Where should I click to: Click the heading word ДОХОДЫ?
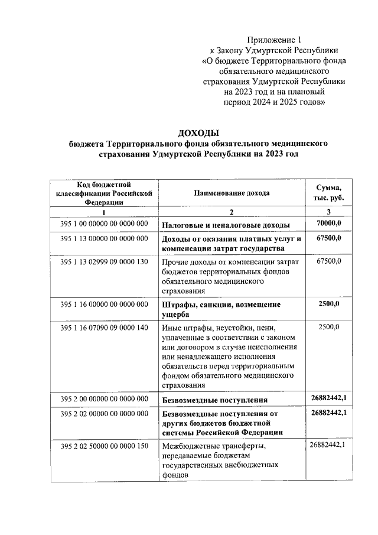pyautogui.click(x=198, y=132)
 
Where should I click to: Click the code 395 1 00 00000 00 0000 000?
pyautogui.click(x=104, y=224)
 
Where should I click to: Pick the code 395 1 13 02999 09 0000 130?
pyautogui.click(x=104, y=261)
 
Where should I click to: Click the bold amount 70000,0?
pyautogui.click(x=328, y=223)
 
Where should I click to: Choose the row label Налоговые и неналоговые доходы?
pyautogui.click(x=226, y=225)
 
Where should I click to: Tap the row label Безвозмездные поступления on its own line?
pyautogui.click(x=220, y=400)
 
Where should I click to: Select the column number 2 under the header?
pyautogui.click(x=232, y=212)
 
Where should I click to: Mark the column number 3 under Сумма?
pyautogui.click(x=328, y=212)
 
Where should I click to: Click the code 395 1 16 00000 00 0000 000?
pyautogui.click(x=104, y=304)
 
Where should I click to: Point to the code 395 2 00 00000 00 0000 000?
pyautogui.click(x=104, y=399)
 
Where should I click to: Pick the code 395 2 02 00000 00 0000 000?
pyautogui.click(x=104, y=414)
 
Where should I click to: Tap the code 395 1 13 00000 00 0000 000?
pyautogui.click(x=104, y=239)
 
